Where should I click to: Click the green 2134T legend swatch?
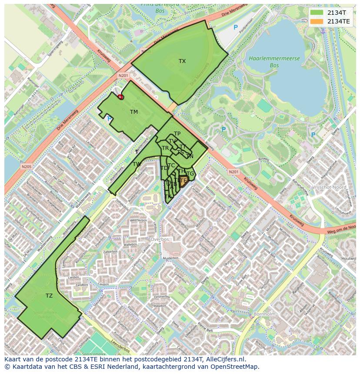(317, 13)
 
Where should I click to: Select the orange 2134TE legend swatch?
(317, 21)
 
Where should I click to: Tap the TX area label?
(182, 61)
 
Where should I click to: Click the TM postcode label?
(133, 112)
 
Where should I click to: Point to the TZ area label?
(49, 296)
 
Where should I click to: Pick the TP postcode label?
(177, 134)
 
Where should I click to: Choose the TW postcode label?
(137, 164)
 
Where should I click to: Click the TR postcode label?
(165, 148)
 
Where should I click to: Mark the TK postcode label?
(168, 196)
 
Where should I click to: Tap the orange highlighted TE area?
(183, 181)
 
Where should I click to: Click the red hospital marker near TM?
(120, 97)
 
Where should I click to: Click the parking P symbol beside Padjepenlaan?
(236, 27)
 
